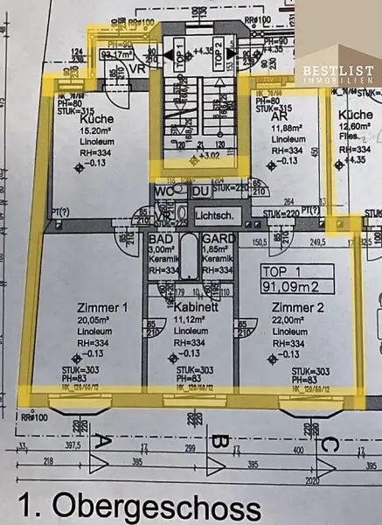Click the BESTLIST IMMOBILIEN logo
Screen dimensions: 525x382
(x=339, y=73)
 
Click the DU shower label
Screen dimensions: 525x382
(x=200, y=191)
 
